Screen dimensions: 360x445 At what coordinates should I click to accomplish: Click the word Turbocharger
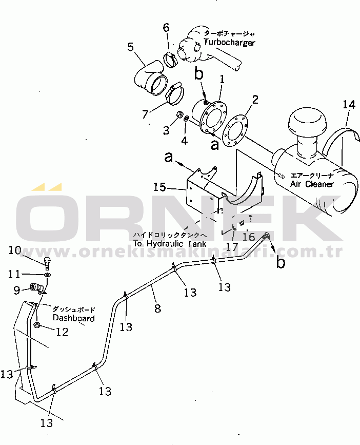[229, 43]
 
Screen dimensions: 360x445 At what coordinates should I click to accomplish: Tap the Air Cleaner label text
[312, 184]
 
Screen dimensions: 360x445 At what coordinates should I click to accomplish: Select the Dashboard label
[73, 318]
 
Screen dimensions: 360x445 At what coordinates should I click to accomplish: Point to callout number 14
[349, 105]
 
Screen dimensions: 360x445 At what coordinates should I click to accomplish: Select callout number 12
[62, 332]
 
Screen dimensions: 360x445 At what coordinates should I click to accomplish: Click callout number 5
[131, 48]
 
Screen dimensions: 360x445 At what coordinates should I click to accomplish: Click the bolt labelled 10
[47, 263]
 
